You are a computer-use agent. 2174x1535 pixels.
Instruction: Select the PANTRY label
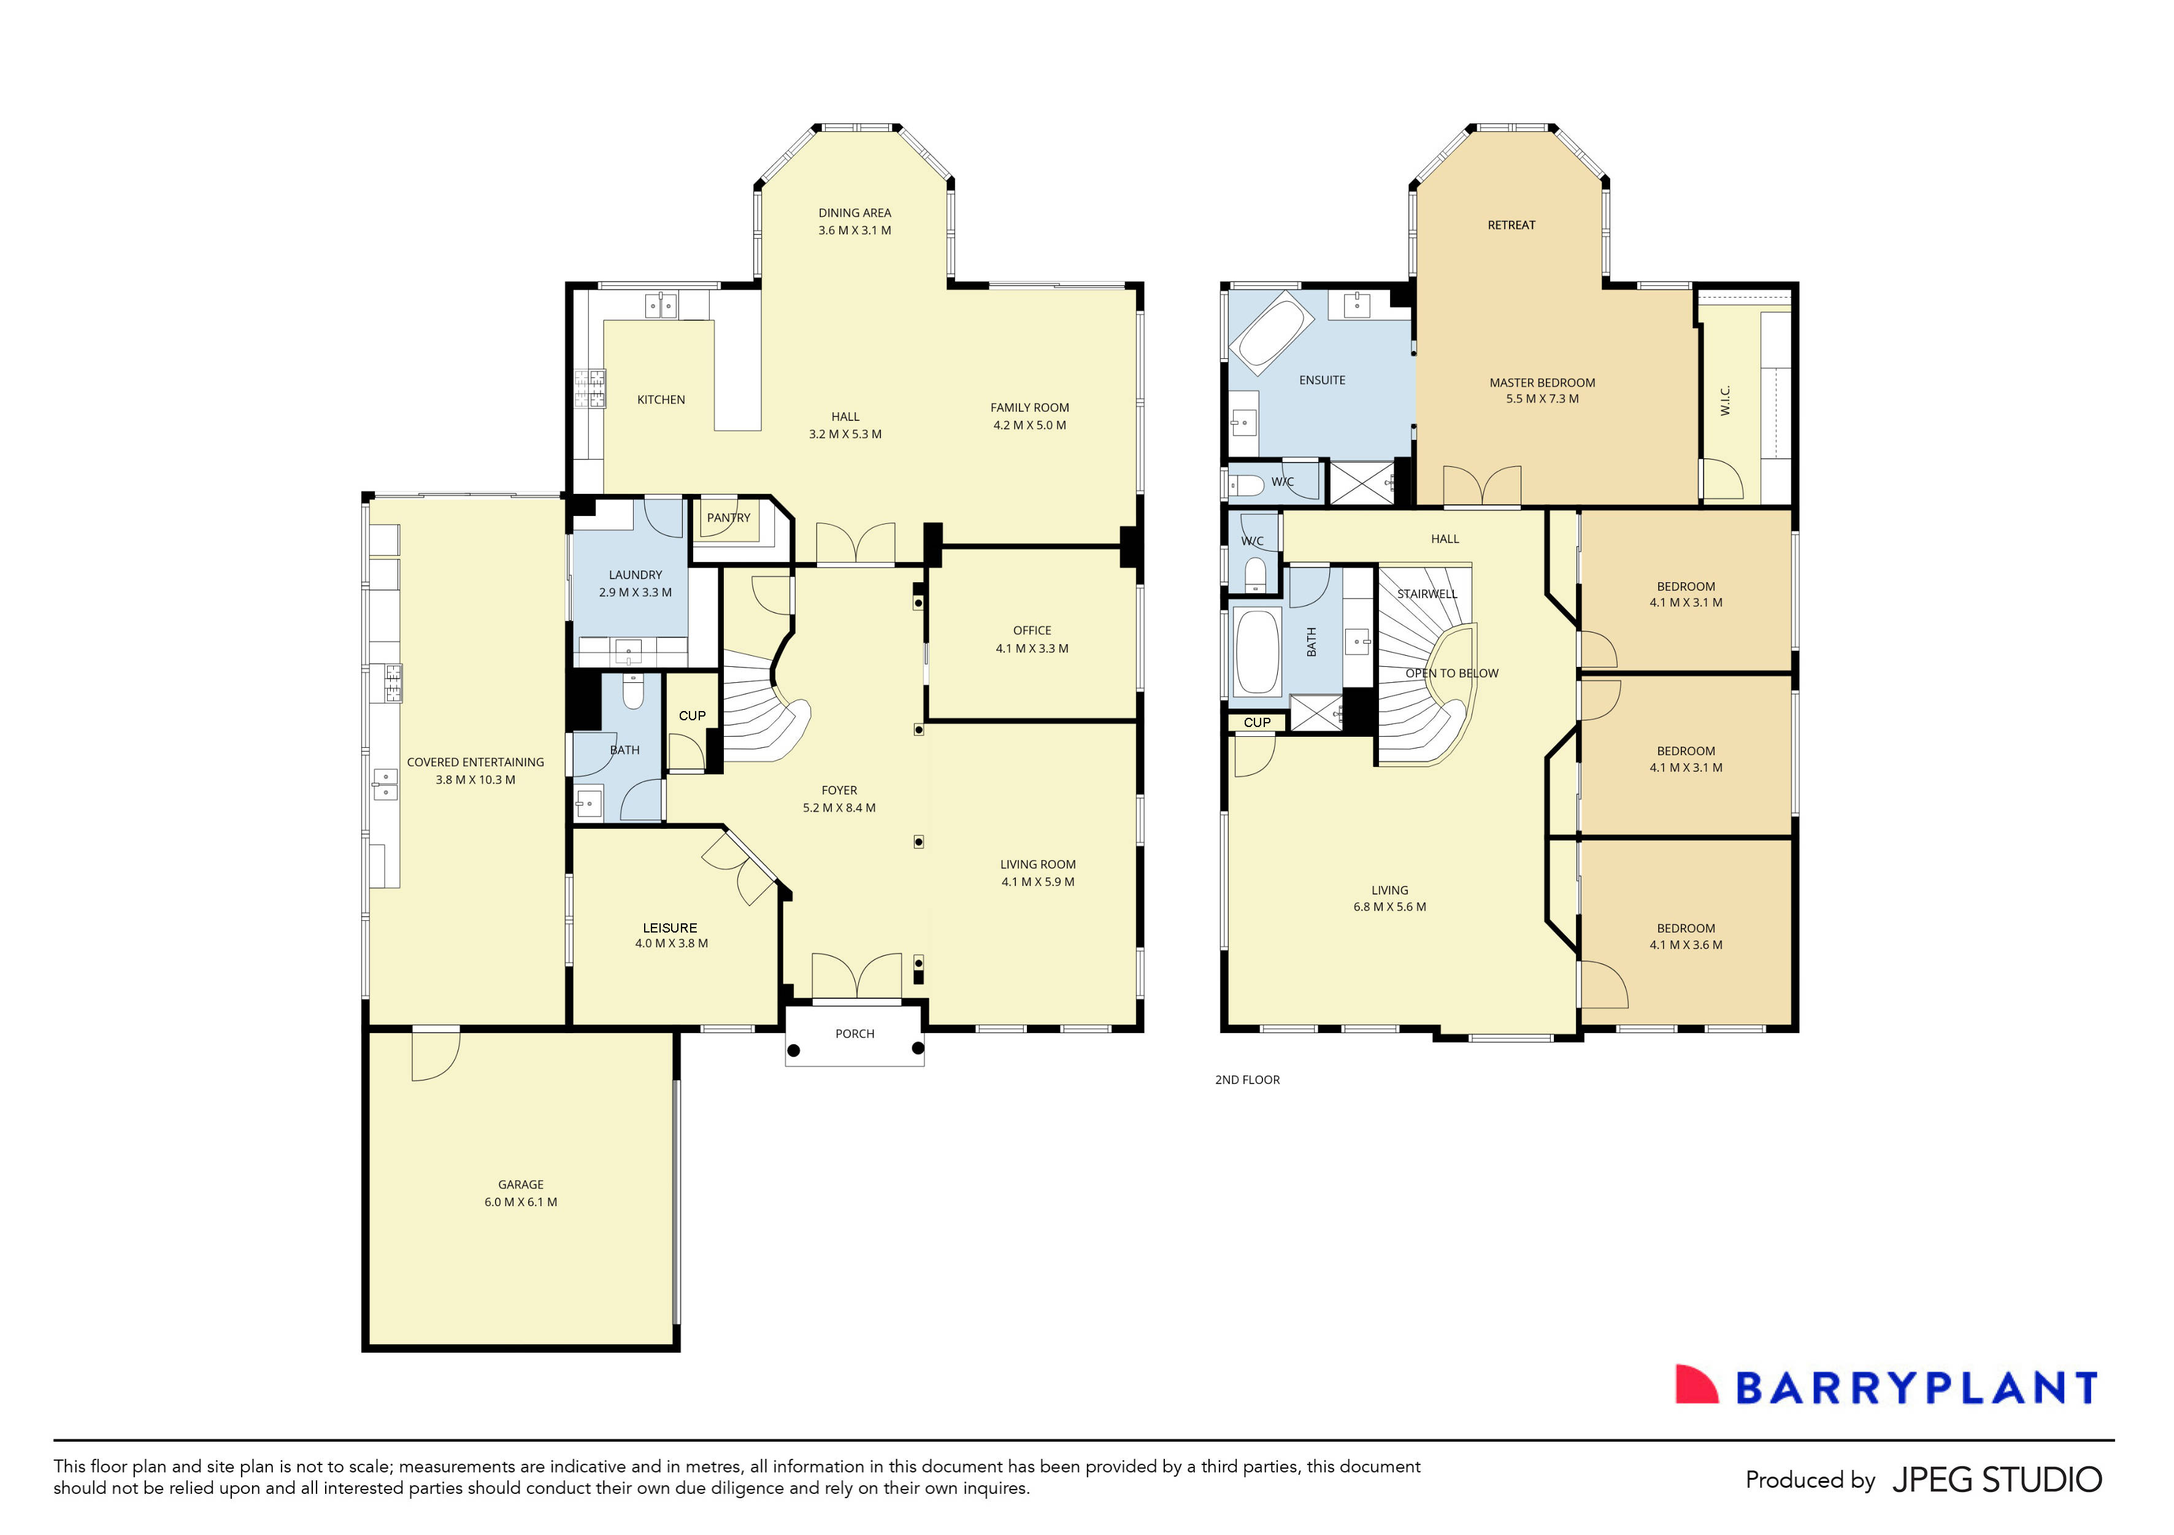click(728, 518)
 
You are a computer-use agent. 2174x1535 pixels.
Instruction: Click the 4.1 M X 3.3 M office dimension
click(1031, 648)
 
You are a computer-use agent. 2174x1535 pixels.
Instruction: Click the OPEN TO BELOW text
click(1451, 673)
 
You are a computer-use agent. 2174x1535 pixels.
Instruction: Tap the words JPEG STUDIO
click(1996, 1480)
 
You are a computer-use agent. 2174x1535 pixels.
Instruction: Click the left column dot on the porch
click(793, 1050)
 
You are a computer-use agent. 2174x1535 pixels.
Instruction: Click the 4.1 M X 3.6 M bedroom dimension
click(1686, 945)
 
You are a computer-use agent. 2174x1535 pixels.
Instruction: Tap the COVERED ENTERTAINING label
click(475, 763)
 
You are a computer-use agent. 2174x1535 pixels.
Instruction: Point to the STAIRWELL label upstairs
click(1426, 594)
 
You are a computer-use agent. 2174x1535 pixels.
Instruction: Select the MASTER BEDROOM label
click(1542, 383)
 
